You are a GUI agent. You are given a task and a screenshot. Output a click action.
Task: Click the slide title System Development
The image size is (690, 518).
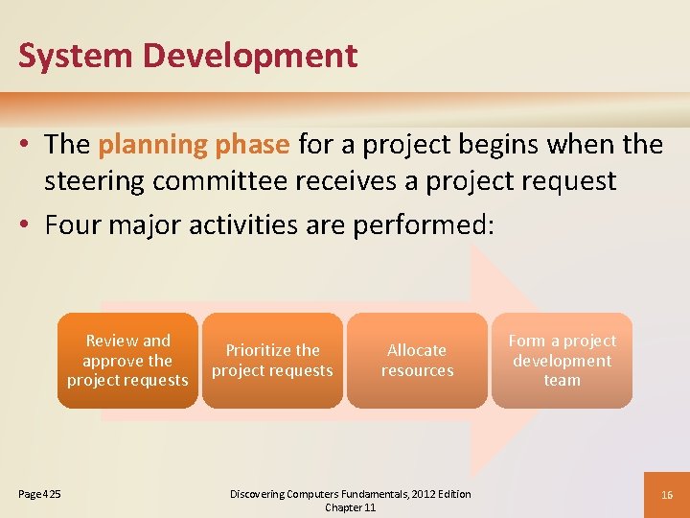click(x=188, y=56)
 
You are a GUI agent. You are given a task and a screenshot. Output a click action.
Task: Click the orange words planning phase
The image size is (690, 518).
click(x=194, y=145)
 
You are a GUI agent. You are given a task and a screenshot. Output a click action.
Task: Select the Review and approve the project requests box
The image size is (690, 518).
click(x=127, y=361)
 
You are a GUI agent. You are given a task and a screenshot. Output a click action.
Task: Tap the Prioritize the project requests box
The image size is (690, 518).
click(x=272, y=361)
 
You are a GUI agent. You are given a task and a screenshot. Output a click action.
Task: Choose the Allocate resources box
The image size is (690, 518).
click(x=417, y=361)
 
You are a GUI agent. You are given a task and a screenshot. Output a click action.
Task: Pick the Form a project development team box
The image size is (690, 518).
click(x=562, y=361)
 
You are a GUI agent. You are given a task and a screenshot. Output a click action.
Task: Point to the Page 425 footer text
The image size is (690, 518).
click(x=39, y=494)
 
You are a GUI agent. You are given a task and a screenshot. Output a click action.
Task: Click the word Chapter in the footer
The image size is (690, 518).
click(x=341, y=507)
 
